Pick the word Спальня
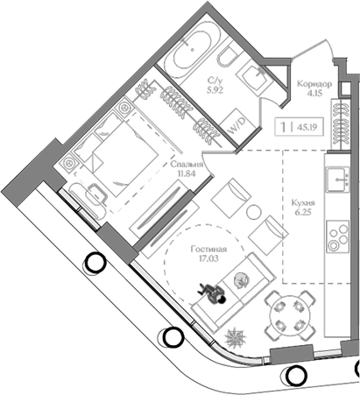coord(189,164)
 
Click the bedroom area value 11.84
coord(187,173)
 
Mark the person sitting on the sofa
coord(214,293)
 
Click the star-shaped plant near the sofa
coord(237,337)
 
